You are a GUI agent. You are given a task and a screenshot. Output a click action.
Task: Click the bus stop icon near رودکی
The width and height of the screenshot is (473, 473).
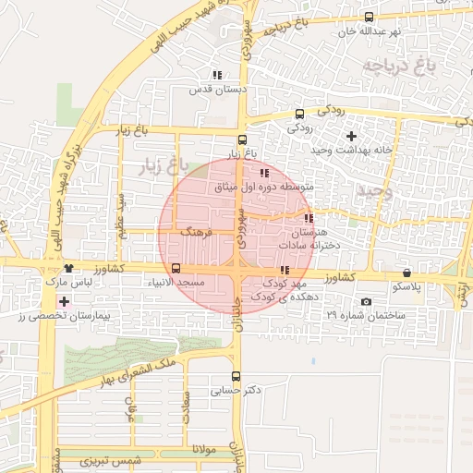tap(298, 114)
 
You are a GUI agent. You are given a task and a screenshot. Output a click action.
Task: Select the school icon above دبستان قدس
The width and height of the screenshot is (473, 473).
tap(217, 75)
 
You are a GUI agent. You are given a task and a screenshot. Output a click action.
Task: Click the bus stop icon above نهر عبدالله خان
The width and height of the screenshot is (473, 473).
tap(370, 17)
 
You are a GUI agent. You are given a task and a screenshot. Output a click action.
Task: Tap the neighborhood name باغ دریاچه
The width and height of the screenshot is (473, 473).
tap(398, 67)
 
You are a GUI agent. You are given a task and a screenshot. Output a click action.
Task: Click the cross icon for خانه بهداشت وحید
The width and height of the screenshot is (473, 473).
tap(349, 136)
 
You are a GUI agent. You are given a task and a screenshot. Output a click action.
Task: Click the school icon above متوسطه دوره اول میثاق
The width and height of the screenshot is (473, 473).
tap(264, 173)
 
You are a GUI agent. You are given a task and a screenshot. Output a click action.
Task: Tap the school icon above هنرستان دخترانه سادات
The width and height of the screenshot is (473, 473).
tap(309, 218)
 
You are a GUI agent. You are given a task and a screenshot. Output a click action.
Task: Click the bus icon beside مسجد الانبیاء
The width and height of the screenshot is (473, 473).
tap(176, 270)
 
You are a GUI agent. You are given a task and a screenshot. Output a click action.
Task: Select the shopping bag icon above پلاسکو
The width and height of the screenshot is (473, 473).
tap(407, 273)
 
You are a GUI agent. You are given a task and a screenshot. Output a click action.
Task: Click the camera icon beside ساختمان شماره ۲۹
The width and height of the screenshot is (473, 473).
tap(367, 302)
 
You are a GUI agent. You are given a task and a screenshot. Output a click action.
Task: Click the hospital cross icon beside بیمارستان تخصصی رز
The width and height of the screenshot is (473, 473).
tap(63, 302)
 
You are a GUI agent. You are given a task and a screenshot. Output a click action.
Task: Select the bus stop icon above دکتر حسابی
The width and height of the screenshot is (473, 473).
tap(236, 376)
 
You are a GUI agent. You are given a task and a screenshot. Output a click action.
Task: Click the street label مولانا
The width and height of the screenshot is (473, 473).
tap(203, 449)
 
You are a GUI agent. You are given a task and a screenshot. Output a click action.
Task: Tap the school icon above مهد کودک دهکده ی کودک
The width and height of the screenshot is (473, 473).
tap(284, 271)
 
